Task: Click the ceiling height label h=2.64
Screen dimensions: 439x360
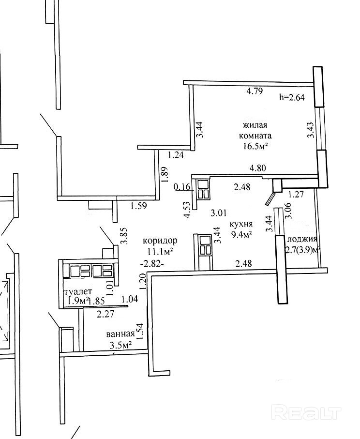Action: (292, 97)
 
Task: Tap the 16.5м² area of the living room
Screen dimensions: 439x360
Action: (256, 145)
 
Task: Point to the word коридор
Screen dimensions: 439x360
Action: (160, 240)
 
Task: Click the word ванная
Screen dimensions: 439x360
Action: (120, 334)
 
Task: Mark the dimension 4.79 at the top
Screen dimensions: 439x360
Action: (255, 91)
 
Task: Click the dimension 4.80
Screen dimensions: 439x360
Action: (257, 168)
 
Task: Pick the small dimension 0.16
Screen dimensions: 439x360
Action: (182, 186)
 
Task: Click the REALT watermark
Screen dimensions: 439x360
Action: (307, 413)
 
